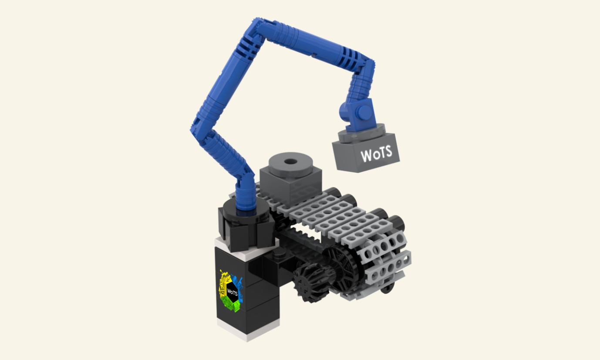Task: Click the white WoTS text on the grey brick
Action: pyautogui.click(x=376, y=154)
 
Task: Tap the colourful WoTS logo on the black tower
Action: pyautogui.click(x=231, y=291)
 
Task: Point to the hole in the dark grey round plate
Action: pyautogui.click(x=290, y=161)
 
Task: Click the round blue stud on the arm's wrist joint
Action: pyautogui.click(x=364, y=111)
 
